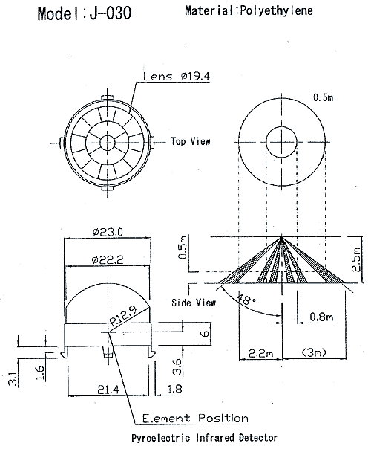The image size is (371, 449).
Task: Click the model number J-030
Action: pos(111,13)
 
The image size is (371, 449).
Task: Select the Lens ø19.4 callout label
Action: pos(177,76)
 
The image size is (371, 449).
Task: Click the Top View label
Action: pos(191,141)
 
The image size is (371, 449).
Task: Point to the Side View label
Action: pos(194,303)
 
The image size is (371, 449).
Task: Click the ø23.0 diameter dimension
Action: pos(108,232)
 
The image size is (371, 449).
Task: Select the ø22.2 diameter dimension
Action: pos(108,259)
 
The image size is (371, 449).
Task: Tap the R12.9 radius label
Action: pos(123,316)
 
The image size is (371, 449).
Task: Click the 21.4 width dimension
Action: pos(108,390)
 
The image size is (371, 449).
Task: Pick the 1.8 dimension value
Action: pos(174,389)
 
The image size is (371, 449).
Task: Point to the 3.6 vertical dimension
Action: pos(177,366)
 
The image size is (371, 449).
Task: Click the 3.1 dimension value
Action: pos(13,378)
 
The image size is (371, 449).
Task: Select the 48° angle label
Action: pos(246,299)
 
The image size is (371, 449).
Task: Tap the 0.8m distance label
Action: pos(322,317)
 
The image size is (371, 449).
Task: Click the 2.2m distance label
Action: pos(260,353)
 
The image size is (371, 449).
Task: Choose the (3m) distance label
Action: pos(314,352)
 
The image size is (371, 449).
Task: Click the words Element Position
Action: pos(195,419)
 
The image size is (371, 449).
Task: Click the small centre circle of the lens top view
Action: pos(108,142)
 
